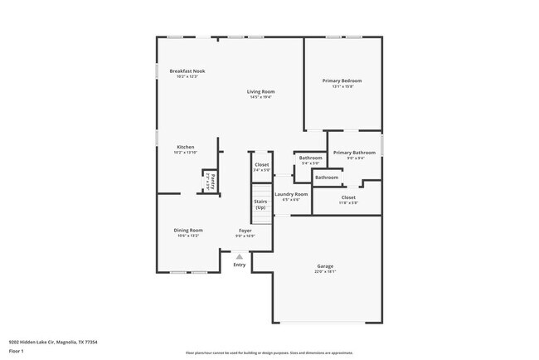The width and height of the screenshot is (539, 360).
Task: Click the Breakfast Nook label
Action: [187, 71]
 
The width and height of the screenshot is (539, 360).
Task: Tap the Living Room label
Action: [261, 91]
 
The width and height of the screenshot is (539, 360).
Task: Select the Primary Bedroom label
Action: [342, 80]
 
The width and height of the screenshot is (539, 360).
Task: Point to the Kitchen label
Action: [185, 147]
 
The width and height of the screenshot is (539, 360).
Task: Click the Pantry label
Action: [212, 180]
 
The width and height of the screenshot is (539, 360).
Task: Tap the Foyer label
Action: [245, 230]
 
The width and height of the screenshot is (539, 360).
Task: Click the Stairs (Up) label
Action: [260, 204]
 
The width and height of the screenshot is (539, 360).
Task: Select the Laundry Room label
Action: [295, 194]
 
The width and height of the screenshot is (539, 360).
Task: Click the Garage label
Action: [325, 266]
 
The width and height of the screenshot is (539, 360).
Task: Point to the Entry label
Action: [240, 265]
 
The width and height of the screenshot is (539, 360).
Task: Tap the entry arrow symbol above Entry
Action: [240, 256]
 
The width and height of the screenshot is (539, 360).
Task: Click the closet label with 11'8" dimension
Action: [348, 197]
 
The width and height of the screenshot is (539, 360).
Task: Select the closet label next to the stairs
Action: [262, 165]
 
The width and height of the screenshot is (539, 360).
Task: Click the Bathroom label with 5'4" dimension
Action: [311, 158]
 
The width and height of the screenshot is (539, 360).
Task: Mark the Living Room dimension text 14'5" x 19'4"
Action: [261, 97]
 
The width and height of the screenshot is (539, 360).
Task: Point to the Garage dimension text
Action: [325, 271]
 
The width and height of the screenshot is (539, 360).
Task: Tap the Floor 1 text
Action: [17, 350]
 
